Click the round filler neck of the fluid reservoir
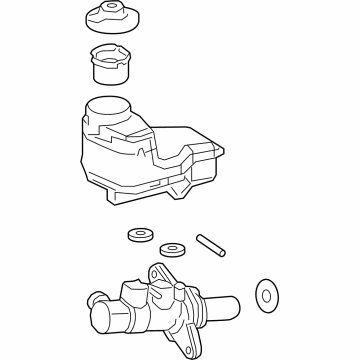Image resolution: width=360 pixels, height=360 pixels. [x=108, y=107]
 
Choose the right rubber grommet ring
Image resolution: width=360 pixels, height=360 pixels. [x=176, y=247]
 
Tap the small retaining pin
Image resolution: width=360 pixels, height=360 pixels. [x=211, y=244]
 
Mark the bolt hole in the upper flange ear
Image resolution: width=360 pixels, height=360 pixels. [x=157, y=272]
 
